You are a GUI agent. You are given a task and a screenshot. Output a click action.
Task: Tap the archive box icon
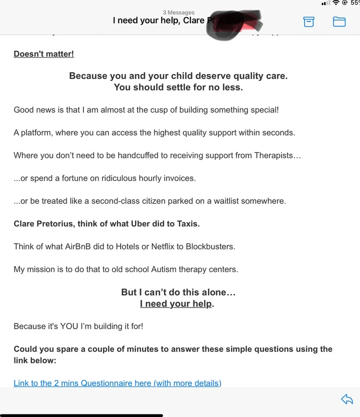coord(309,21)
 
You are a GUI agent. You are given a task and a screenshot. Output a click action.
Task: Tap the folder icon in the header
coord(339,21)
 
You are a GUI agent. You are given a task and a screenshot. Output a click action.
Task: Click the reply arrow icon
coord(346,398)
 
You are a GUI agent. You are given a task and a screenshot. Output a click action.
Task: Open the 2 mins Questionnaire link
coord(117,383)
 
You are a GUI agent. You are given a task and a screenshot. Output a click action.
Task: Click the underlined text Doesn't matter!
coord(43,53)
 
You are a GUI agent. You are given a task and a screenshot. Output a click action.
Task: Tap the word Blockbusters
coord(210,246)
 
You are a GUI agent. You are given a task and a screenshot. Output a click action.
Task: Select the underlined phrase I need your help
coord(176,303)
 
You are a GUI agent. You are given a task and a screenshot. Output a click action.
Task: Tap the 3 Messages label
coord(178,12)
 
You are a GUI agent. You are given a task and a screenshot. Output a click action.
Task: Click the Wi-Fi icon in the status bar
coord(336,3)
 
